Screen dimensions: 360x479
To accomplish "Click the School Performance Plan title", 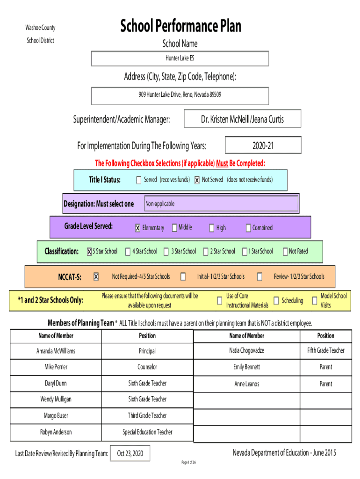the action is coord(180,26).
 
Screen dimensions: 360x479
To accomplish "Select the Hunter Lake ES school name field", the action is coord(180,58).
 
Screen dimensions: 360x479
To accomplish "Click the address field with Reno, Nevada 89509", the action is coord(180,96).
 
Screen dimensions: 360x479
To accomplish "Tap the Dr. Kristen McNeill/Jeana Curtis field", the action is coord(243,118).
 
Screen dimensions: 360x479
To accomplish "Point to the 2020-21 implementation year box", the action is coord(263,145).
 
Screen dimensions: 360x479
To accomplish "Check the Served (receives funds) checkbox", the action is coord(139,180).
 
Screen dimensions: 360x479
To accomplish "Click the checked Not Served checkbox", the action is coord(197,180).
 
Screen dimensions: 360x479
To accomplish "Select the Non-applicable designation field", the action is coord(221,203).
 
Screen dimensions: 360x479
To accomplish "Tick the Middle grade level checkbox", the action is coord(175,228).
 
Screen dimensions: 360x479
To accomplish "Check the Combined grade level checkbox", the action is coord(248,228).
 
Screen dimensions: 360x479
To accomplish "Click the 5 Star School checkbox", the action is coord(89,251).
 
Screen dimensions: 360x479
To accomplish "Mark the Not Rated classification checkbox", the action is coord(285,251).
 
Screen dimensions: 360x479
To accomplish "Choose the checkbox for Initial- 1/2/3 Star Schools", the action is coord(183,276).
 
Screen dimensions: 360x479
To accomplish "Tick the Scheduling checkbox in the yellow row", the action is coord(276,301).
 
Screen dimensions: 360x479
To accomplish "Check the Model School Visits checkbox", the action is coord(315,301).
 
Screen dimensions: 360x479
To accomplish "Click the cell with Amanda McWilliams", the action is coord(56,351).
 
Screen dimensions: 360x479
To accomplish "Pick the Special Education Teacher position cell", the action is coord(147,432).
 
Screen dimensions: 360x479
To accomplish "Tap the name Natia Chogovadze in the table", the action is coord(247,350).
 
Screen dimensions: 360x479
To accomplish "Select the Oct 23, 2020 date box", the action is coord(130,453).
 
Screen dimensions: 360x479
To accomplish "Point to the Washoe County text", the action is coord(40,28).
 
